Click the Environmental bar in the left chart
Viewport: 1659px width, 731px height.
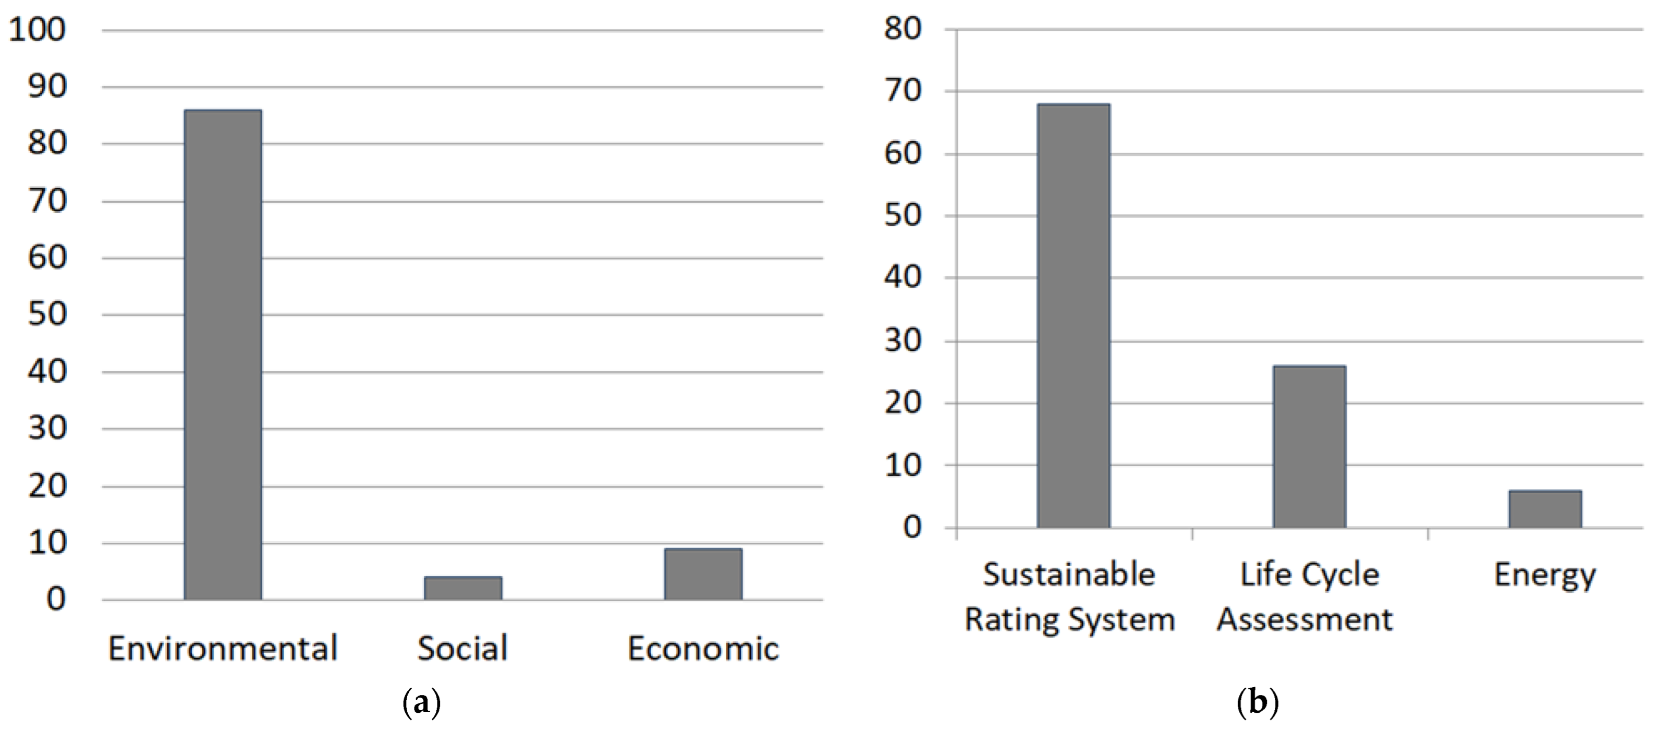click(223, 354)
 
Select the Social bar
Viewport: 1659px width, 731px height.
click(462, 588)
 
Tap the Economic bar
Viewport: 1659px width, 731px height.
click(703, 574)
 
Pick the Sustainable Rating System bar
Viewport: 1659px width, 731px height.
click(1073, 315)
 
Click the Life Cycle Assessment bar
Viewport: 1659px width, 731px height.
click(1309, 446)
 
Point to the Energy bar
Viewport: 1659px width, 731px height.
click(1545, 509)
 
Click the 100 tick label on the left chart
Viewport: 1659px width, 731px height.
click(38, 30)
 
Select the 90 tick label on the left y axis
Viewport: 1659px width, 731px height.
click(47, 87)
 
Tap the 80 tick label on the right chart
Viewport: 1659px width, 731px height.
click(903, 29)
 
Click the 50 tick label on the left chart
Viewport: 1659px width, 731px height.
click(47, 315)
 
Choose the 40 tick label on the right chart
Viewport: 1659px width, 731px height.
click(903, 277)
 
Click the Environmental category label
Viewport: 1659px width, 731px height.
click(223, 648)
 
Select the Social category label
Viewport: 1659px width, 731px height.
click(462, 648)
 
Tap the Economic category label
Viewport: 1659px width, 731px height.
click(703, 648)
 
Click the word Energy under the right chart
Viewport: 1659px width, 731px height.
click(1545, 575)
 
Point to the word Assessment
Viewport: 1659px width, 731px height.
click(1305, 619)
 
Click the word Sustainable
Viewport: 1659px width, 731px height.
click(1069, 574)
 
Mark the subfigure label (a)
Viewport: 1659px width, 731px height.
click(421, 703)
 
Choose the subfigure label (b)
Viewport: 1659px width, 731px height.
click(1257, 703)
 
